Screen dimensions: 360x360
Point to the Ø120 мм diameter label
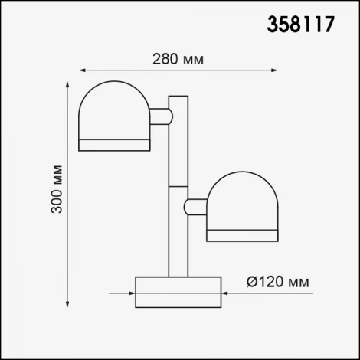279,283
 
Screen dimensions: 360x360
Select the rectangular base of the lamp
178,292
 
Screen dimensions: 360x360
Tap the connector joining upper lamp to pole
161,116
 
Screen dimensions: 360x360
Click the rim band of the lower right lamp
243,233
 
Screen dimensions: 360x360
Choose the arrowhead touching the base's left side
131,293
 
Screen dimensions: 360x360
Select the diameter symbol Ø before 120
252,283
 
